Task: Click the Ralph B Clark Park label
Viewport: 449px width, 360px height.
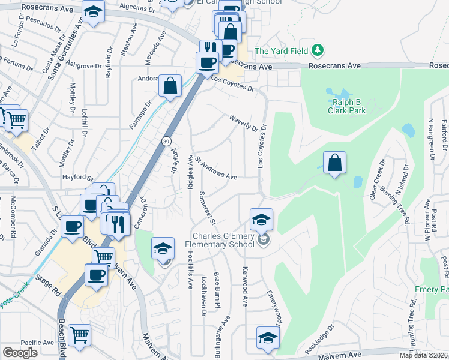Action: pyautogui.click(x=347, y=106)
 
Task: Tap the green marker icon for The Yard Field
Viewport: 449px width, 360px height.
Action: pyautogui.click(x=321, y=50)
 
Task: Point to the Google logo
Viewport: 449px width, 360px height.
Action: pyautogui.click(x=20, y=352)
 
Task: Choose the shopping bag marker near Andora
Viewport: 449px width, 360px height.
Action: pyautogui.click(x=170, y=85)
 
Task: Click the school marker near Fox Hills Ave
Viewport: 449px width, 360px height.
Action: pyautogui.click(x=163, y=249)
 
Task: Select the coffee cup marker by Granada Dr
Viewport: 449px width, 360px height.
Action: pyautogui.click(x=73, y=227)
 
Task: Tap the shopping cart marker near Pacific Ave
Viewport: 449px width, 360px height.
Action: pyautogui.click(x=79, y=335)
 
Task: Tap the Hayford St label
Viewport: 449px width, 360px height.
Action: pyautogui.click(x=77, y=178)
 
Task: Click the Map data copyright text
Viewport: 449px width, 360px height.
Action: pyautogui.click(x=424, y=355)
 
